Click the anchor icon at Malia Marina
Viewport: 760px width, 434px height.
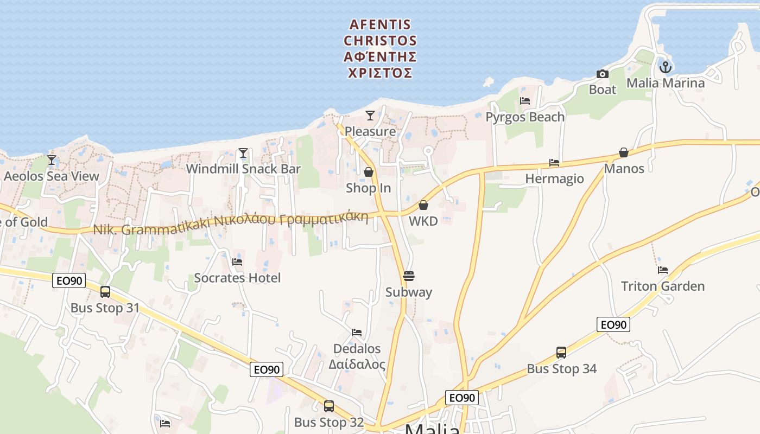[666, 67]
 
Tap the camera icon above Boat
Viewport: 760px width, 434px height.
[602, 74]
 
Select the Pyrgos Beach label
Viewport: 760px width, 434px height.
[524, 117]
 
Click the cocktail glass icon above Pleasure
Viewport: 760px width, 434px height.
[370, 115]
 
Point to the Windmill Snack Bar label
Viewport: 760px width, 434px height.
[243, 169]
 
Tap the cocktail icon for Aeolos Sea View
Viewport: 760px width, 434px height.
[52, 160]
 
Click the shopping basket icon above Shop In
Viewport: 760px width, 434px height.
[369, 173]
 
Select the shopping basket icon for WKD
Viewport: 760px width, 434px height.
[423, 206]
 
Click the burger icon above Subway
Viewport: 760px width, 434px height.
[409, 276]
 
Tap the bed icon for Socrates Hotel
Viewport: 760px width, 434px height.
[237, 262]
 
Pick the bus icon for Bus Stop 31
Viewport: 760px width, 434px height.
[105, 292]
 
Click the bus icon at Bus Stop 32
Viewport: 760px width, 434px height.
[328, 406]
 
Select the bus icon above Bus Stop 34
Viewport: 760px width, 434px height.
[561, 353]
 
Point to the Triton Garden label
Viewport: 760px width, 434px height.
[662, 286]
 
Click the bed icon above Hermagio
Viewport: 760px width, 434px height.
[554, 163]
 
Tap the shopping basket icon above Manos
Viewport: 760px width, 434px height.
[624, 153]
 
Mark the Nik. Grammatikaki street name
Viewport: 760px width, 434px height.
[231, 225]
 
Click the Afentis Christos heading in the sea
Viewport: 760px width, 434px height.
[380, 48]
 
